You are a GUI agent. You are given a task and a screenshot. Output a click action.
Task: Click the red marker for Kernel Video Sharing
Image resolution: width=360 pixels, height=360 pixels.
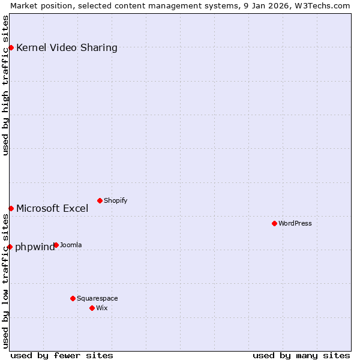[11, 47]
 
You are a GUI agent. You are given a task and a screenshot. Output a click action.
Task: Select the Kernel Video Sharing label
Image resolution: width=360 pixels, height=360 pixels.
[67, 48]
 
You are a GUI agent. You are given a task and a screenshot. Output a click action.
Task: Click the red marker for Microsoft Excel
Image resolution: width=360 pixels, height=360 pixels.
[11, 208]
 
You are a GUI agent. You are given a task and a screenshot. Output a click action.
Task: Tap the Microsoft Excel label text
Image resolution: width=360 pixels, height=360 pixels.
[52, 209]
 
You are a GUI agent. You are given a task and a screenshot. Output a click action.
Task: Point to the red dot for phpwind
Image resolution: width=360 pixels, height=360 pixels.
[10, 247]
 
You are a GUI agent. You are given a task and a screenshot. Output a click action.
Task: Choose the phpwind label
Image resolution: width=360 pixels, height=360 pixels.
[34, 247]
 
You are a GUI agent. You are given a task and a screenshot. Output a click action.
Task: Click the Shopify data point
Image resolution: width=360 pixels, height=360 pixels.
[100, 200]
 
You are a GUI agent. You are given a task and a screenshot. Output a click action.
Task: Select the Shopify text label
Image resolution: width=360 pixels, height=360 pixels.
[115, 201]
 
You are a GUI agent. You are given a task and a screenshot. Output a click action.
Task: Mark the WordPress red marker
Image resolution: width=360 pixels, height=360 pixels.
[274, 223]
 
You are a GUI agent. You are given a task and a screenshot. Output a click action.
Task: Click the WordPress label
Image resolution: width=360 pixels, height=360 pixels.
[295, 224]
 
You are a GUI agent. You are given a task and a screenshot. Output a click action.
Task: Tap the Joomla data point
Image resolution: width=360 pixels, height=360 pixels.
[56, 245]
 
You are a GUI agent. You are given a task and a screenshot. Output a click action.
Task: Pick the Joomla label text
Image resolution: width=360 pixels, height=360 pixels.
[71, 245]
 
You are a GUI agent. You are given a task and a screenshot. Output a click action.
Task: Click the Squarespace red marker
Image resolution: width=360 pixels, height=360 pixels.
[73, 298]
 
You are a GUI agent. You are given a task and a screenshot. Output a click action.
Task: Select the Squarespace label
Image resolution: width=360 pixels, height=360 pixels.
[97, 299]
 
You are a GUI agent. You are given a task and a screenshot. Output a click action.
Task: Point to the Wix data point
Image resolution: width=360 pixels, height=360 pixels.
[92, 308]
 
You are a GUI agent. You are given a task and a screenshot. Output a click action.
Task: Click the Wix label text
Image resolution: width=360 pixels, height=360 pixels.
[102, 308]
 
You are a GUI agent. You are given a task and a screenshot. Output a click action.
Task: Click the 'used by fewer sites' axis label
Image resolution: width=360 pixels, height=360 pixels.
[62, 355]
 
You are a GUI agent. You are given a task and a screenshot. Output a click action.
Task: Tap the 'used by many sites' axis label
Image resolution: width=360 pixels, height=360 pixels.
[301, 355]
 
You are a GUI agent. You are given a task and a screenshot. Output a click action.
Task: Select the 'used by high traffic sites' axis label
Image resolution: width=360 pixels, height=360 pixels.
[5, 85]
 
